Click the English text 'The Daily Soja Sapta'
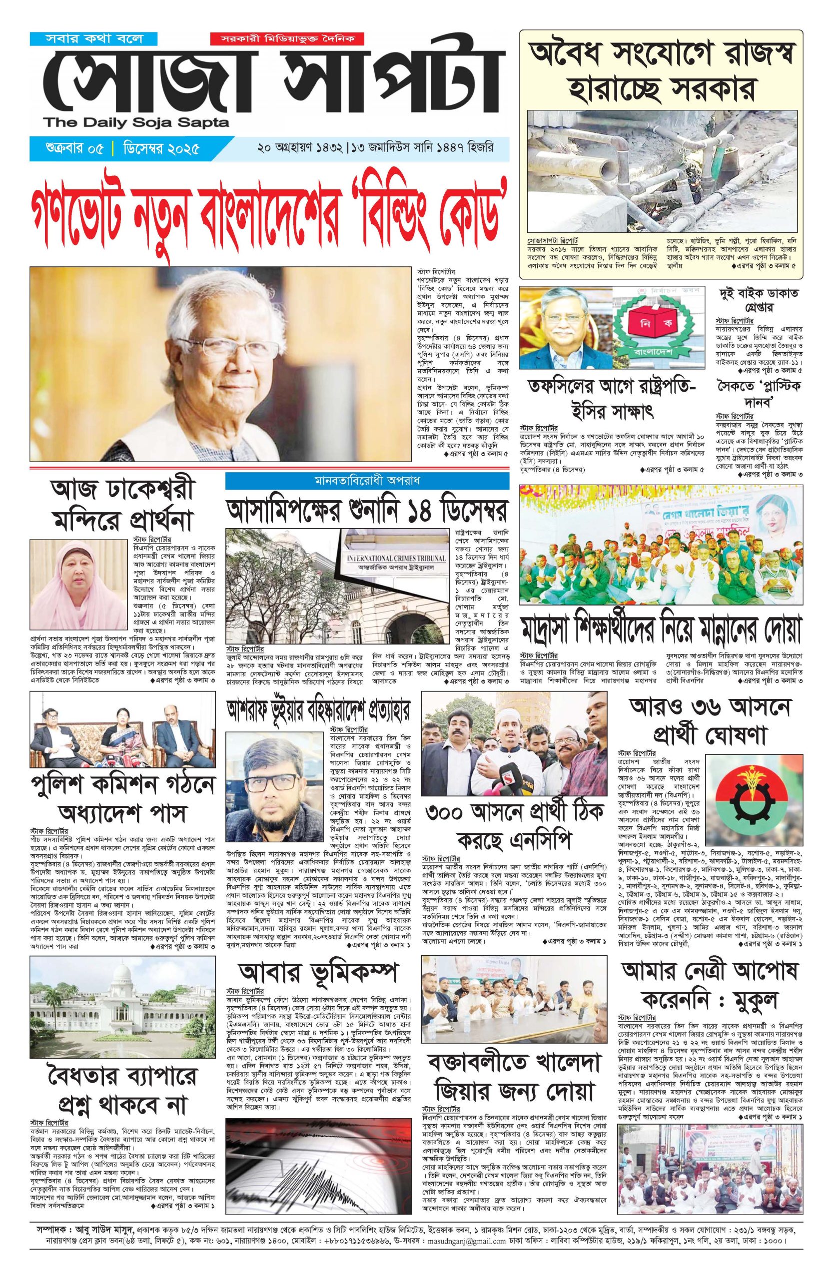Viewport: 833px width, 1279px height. (136, 123)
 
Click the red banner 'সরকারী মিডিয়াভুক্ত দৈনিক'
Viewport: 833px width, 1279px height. (287, 38)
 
